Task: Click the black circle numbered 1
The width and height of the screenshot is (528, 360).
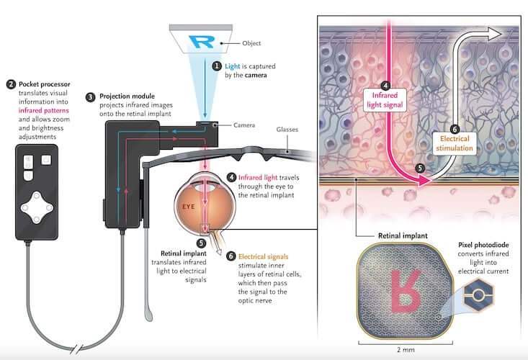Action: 217,66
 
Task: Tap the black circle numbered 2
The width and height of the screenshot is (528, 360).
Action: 10,84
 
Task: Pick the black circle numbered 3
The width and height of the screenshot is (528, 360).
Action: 90,96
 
